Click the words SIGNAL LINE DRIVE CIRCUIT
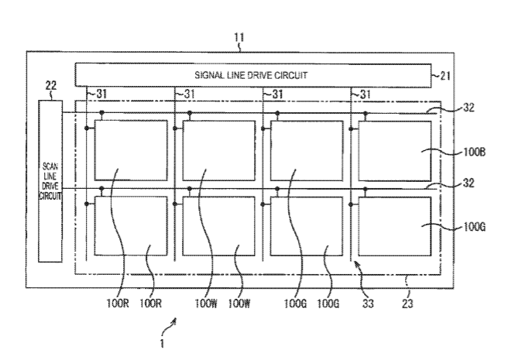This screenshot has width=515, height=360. pos(252,76)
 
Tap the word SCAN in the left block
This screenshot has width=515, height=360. pos(48,165)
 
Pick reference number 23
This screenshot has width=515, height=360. pos(407,304)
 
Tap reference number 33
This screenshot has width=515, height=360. pos(368,304)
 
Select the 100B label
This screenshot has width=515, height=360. pos(473,153)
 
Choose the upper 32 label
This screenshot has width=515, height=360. pos(469,108)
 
